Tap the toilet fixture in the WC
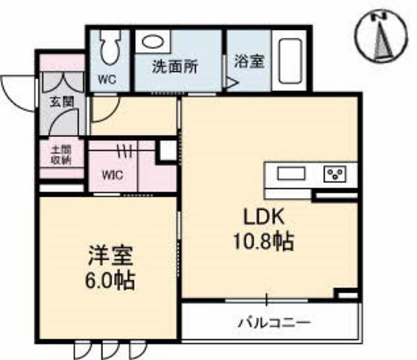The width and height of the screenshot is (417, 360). [109, 47]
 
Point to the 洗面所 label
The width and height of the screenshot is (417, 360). [174, 66]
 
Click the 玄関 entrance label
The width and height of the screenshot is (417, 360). [62, 101]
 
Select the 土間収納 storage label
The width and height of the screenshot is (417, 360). [61, 154]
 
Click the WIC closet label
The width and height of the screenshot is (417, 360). [112, 176]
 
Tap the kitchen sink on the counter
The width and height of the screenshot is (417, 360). [292, 173]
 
